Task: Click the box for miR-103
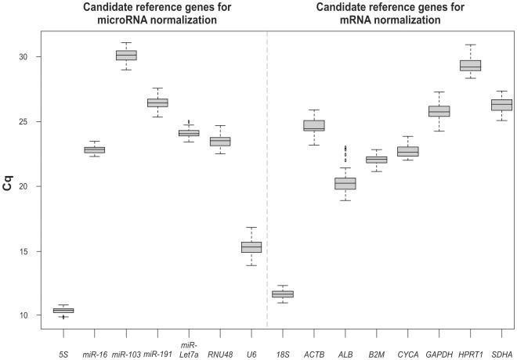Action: point(126,55)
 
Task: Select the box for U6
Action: point(251,247)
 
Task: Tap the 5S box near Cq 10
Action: point(63,311)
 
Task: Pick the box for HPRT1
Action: point(470,66)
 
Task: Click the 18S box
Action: point(283,293)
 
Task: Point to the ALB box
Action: point(345,183)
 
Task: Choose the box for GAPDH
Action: point(439,111)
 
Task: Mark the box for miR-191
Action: point(157,103)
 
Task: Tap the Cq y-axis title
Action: point(9,186)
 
